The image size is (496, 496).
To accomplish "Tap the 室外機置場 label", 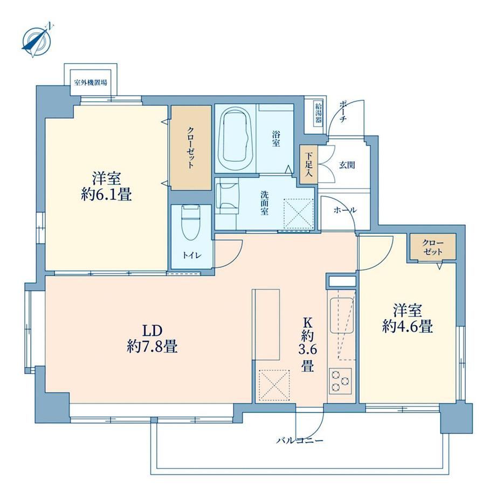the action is [91, 83].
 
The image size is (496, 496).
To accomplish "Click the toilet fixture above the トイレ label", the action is [191, 222].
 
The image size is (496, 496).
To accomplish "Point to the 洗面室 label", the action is [265, 203].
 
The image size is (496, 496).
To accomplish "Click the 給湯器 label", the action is [319, 114].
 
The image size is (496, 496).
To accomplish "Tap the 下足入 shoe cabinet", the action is [308, 164].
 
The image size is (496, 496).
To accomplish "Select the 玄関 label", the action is [347, 165].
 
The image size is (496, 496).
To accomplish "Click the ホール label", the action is [345, 210].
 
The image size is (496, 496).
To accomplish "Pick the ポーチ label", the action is [344, 112].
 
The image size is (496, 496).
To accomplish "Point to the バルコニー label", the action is [300, 440].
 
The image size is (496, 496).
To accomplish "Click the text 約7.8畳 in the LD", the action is [152, 347].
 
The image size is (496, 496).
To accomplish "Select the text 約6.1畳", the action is [106, 194].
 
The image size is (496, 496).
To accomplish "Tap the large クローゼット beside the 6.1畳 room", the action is [191, 148].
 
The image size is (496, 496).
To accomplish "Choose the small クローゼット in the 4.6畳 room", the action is [433, 247].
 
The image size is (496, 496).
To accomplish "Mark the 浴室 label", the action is [276, 139].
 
